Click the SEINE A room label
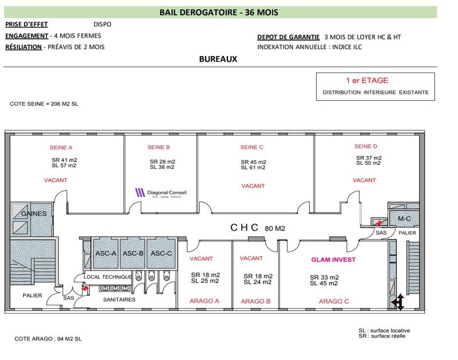62,147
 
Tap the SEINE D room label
366,146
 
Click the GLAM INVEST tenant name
333,259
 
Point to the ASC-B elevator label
133,253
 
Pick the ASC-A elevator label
106,253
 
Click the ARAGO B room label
255,301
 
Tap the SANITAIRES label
119,299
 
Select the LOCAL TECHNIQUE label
108,277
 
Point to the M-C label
405,218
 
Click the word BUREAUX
218,59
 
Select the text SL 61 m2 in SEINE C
253,168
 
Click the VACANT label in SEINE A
56,180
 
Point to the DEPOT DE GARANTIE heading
288,37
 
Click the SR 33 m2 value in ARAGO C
325,277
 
